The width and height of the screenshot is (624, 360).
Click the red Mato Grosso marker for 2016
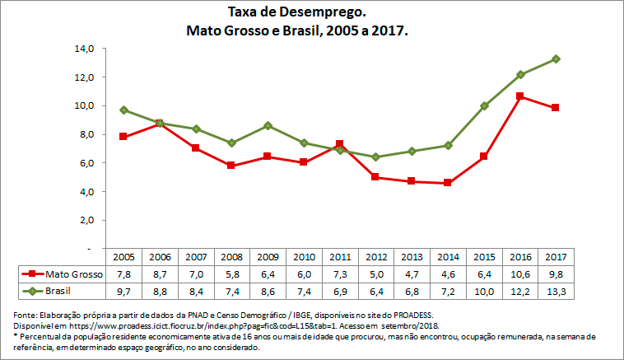click(520, 96)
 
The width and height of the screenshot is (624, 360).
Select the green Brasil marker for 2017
click(556, 58)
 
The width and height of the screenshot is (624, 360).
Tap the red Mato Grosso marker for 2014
click(447, 183)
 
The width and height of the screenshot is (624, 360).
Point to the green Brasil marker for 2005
click(123, 110)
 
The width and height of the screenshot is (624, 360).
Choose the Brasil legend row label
click(62, 291)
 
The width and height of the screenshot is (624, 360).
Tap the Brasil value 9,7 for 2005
click(123, 291)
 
